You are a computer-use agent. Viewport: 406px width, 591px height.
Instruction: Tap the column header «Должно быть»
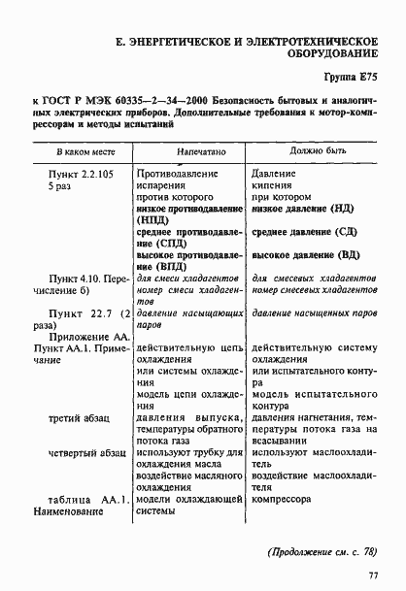(317, 152)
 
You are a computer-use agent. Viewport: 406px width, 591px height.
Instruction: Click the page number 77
(373, 577)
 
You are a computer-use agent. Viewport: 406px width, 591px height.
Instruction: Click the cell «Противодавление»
(182, 172)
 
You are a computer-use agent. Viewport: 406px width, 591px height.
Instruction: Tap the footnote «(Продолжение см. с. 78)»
(322, 553)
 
